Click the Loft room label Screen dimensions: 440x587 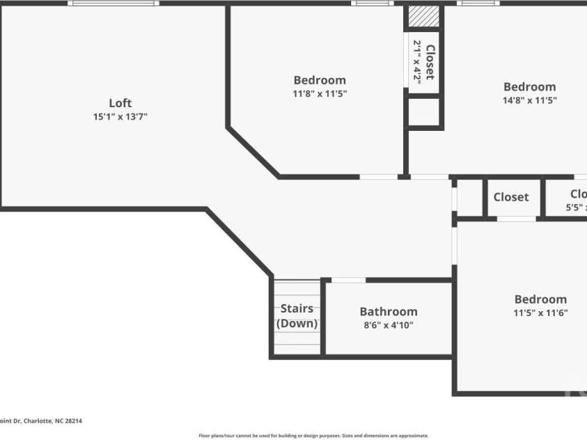pyautogui.click(x=120, y=103)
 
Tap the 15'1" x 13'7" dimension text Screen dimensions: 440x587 pyautogui.click(x=120, y=117)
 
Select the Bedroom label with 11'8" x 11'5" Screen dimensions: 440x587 pyautogui.click(x=320, y=80)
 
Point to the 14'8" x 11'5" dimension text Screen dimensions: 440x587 pyautogui.click(x=530, y=100)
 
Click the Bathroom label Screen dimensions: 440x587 pyautogui.click(x=389, y=311)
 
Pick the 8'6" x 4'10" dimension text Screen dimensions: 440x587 pyautogui.click(x=389, y=325)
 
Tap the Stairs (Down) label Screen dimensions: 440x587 pyautogui.click(x=297, y=316)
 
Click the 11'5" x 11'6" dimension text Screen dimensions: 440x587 pyautogui.click(x=540, y=313)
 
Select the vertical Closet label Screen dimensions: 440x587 pyautogui.click(x=430, y=62)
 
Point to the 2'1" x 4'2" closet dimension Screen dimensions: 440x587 pyautogui.click(x=418, y=62)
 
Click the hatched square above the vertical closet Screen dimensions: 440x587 pyautogui.click(x=423, y=17)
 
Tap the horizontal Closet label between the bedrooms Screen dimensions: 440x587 pyautogui.click(x=511, y=197)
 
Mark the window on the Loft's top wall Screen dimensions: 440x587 pyautogui.click(x=114, y=3)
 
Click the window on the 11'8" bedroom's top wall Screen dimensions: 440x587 pyautogui.click(x=373, y=3)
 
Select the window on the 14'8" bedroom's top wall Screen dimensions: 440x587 pyautogui.click(x=478, y=3)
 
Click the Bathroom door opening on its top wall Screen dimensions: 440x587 pyautogui.click(x=348, y=280)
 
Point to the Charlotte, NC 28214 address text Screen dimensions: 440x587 pyautogui.click(x=41, y=421)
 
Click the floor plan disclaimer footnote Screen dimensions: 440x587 pyautogui.click(x=313, y=436)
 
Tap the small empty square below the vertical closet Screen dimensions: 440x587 pyautogui.click(x=423, y=112)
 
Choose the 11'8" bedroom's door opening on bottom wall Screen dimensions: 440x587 pyautogui.click(x=379, y=177)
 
